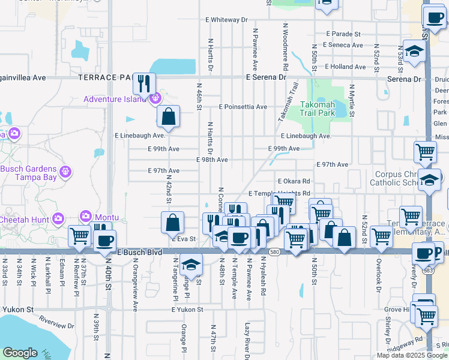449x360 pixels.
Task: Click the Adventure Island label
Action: tap(115, 99)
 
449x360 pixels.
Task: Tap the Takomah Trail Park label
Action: tap(318, 108)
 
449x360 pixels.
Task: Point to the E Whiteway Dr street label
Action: tap(227, 20)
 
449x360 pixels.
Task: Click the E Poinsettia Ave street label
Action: tap(243, 107)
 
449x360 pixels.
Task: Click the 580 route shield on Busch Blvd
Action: tap(274, 251)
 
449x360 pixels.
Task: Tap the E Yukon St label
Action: tap(187, 310)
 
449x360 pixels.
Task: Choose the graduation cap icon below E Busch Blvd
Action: tap(190, 263)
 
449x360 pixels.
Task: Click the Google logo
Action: tap(20, 352)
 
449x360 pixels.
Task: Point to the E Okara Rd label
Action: tap(294, 181)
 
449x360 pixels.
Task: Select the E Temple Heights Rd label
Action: tap(279, 193)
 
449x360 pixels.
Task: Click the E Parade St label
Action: tap(343, 34)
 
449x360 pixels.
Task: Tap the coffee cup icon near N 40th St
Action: tap(105, 241)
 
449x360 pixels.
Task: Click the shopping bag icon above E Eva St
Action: tap(172, 223)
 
